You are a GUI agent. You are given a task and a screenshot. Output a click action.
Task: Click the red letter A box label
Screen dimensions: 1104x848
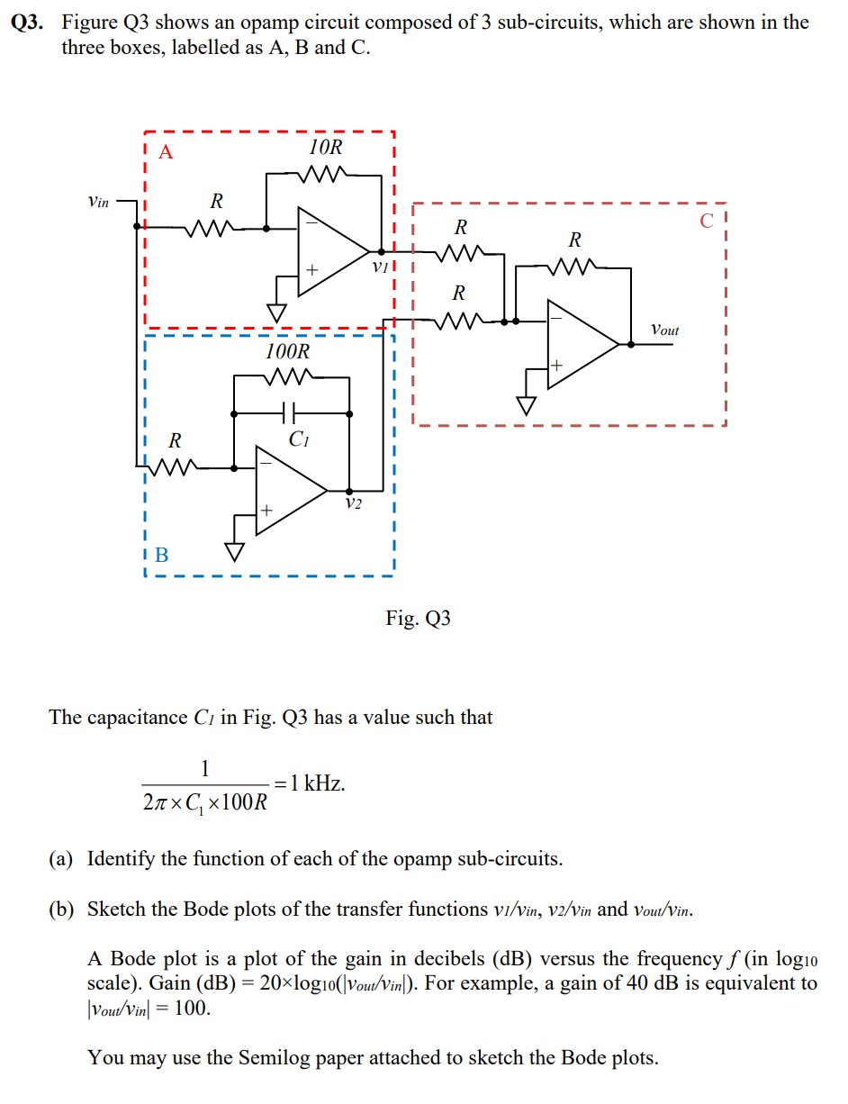pos(165,151)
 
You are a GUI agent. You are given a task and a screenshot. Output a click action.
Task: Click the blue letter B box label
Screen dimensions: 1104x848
pos(161,555)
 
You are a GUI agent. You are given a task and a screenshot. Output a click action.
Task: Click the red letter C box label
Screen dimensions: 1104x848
pos(707,220)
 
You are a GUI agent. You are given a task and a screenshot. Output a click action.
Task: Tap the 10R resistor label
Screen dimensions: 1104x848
pos(325,148)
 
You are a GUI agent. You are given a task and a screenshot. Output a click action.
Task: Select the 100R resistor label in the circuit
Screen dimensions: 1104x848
pos(287,351)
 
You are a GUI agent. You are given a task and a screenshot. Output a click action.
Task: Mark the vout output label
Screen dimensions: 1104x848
pos(664,330)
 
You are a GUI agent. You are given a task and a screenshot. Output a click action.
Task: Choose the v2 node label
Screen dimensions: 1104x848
pos(354,502)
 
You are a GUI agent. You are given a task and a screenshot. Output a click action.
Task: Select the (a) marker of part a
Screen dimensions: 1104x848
pos(61,858)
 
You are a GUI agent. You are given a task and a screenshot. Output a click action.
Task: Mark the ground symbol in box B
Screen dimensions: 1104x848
pos(236,550)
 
